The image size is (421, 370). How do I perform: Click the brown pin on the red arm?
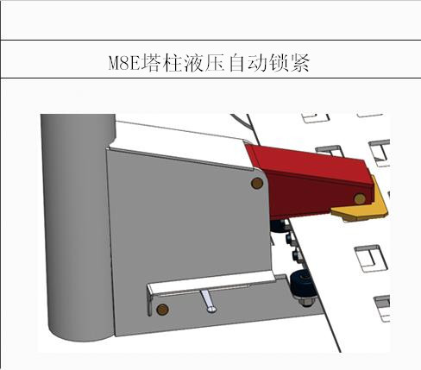[360, 198]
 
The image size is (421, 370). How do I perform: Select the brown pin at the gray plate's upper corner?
[257, 183]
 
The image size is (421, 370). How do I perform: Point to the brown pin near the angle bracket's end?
[162, 310]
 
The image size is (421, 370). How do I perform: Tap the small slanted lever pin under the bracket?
[209, 301]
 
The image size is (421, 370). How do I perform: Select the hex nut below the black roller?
[306, 302]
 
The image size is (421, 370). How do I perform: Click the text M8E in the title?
[124, 63]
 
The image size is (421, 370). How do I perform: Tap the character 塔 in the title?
[150, 63]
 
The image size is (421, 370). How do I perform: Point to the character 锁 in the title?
[280, 63]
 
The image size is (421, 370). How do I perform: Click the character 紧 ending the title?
[300, 63]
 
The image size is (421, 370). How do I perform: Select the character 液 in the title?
[192, 63]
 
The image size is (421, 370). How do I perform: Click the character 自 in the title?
[236, 63]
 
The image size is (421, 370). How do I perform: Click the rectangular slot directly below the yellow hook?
[370, 258]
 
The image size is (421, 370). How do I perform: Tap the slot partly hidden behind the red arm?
[330, 150]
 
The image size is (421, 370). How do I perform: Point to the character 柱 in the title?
[172, 63]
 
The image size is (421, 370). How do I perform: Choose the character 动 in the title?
[258, 63]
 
